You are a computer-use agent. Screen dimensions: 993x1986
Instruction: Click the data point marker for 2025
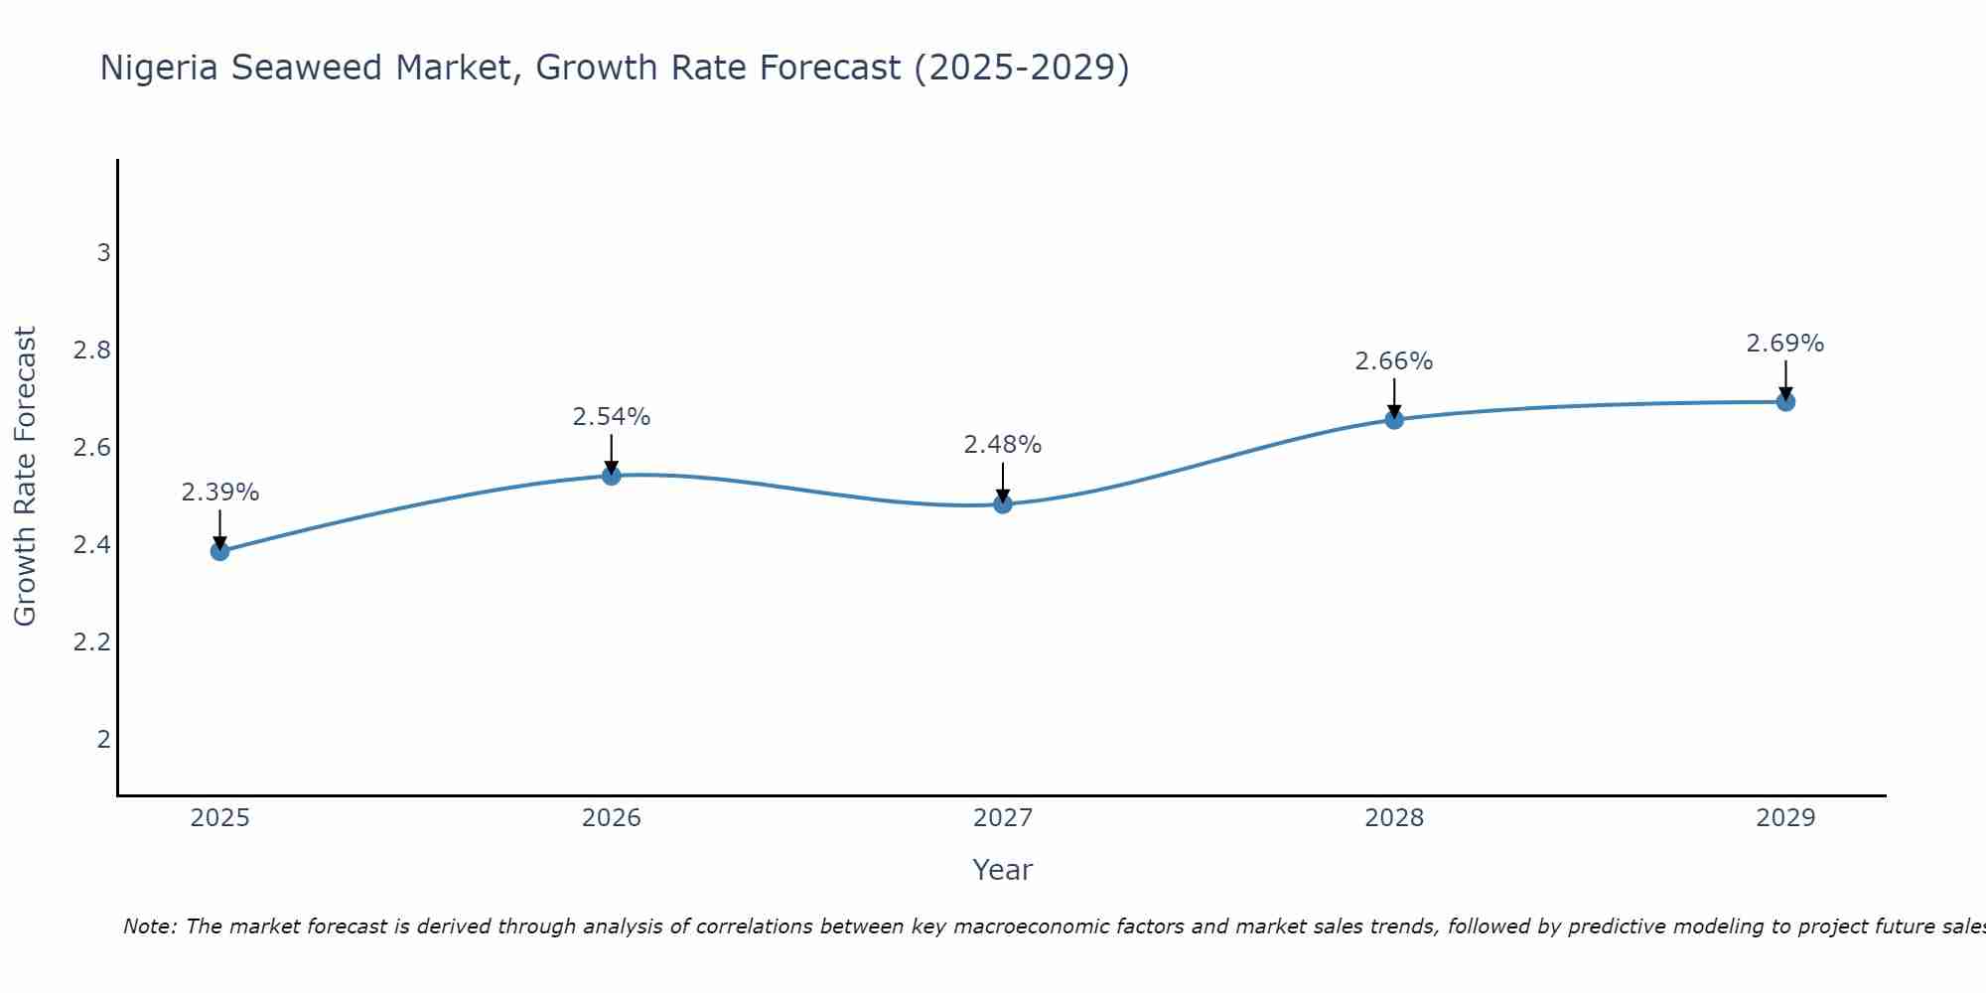[x=220, y=551]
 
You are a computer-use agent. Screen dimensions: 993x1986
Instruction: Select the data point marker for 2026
[x=612, y=476]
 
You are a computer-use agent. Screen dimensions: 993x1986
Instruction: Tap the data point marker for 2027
[x=1003, y=504]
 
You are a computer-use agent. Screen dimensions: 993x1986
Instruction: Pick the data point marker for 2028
[x=1394, y=419]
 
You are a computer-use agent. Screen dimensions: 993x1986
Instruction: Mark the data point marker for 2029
[x=1785, y=402]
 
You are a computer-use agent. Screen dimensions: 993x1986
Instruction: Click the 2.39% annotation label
[x=220, y=493]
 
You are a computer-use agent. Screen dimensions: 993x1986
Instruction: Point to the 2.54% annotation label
[x=612, y=417]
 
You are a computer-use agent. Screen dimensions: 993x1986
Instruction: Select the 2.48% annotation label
[x=1003, y=445]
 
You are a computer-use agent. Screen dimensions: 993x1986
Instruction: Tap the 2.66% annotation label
[x=1394, y=361]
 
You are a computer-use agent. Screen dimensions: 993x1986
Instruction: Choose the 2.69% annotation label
[x=1785, y=344]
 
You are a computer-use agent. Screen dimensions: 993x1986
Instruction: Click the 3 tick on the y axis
[x=103, y=253]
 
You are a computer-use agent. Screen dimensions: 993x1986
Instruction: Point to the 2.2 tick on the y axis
[x=91, y=642]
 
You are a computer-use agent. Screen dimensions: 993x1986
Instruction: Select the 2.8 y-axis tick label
[x=91, y=351]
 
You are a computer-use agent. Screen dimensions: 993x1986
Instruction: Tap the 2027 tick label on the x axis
[x=1003, y=818]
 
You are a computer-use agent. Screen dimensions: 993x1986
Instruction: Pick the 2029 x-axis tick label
[x=1785, y=818]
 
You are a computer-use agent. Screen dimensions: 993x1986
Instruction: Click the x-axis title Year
[x=1003, y=870]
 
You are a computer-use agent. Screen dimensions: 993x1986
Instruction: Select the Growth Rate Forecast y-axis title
[x=26, y=477]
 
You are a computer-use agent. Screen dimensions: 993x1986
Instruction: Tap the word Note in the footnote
[x=149, y=926]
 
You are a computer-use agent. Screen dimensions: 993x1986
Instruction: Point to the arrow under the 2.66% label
[x=1394, y=398]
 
